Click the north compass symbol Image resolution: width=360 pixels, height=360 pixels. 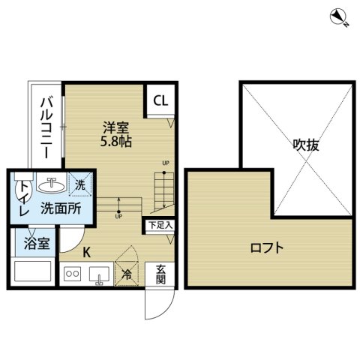click(x=338, y=17)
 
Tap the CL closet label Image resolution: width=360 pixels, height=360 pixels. click(x=160, y=100)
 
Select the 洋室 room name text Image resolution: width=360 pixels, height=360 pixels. click(x=116, y=127)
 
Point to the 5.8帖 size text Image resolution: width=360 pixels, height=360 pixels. click(x=116, y=142)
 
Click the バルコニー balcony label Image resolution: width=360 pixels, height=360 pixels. click(x=47, y=128)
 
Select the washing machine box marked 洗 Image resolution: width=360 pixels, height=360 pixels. click(x=80, y=184)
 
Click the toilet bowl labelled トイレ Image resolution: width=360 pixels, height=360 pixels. click(x=24, y=190)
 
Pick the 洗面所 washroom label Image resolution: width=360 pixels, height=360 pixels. click(x=61, y=208)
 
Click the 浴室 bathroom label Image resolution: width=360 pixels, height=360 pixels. click(x=37, y=243)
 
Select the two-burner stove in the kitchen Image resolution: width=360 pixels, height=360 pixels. click(x=72, y=274)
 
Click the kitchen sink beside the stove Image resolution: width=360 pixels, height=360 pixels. click(x=99, y=274)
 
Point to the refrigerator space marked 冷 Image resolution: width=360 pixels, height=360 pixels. click(x=127, y=274)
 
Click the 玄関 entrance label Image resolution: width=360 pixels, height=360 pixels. click(x=160, y=274)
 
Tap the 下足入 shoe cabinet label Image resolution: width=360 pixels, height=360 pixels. click(x=160, y=225)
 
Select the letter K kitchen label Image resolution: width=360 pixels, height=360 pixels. click(x=86, y=253)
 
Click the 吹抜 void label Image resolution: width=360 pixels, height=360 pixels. click(x=306, y=145)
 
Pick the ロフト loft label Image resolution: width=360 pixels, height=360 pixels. click(x=267, y=248)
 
